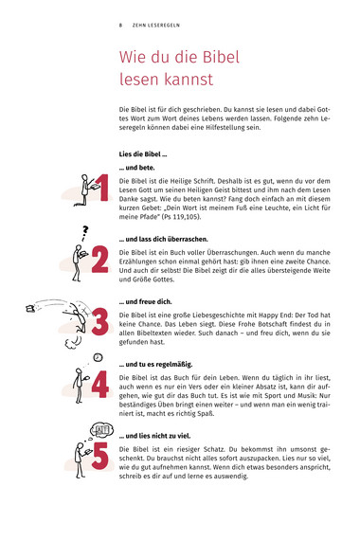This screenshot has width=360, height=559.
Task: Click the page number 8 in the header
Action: (x=120, y=26)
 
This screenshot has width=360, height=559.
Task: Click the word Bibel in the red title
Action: (x=221, y=57)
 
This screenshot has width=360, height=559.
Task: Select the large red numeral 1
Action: (x=102, y=188)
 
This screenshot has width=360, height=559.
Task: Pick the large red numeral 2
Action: (x=99, y=260)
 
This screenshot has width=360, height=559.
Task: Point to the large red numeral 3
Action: (x=99, y=322)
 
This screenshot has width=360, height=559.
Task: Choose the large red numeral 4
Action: (x=99, y=385)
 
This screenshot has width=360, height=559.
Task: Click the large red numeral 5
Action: (x=99, y=456)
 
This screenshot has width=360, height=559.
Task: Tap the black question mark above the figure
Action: (x=85, y=233)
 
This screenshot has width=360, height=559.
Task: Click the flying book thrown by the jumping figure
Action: (x=30, y=308)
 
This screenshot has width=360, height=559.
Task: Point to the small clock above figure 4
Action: (x=98, y=357)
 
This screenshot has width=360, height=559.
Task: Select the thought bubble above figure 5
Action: (x=102, y=430)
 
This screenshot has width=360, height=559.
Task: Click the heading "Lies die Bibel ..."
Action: (x=143, y=154)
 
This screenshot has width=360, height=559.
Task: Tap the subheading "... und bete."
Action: (x=136, y=168)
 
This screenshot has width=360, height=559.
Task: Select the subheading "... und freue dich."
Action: (x=146, y=301)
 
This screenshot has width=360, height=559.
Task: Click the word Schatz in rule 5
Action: (x=213, y=449)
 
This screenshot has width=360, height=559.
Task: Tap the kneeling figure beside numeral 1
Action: (x=85, y=190)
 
